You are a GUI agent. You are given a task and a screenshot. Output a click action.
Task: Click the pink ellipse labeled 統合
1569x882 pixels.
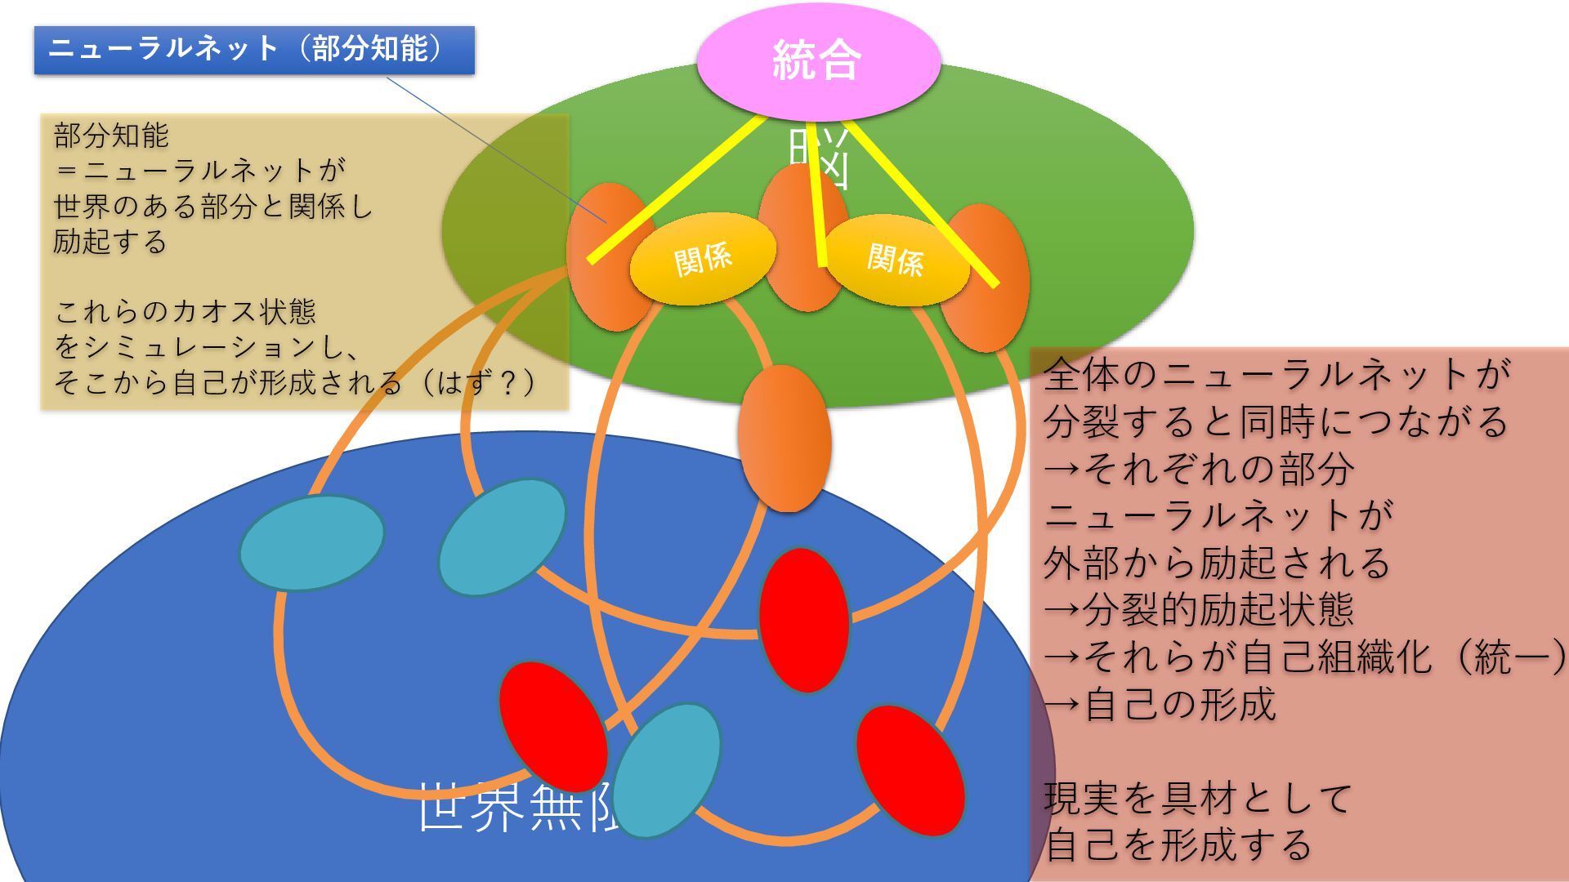[x=818, y=60]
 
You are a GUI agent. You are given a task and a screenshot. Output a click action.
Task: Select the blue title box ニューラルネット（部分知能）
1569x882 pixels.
[x=254, y=50]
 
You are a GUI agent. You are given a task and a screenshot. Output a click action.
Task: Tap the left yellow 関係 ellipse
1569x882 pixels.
[x=702, y=259]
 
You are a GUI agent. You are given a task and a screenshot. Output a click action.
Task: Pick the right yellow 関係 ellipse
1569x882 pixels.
[x=896, y=261]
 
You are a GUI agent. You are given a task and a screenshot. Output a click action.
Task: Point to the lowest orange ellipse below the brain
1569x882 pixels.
[x=784, y=439]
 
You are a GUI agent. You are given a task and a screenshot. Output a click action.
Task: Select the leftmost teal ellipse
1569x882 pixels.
[x=311, y=542]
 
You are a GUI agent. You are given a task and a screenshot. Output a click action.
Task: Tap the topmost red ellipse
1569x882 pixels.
[x=804, y=620]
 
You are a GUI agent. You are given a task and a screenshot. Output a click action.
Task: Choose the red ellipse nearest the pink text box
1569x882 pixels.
[x=910, y=770]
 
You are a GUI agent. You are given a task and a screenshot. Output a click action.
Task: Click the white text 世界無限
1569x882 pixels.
[x=515, y=807]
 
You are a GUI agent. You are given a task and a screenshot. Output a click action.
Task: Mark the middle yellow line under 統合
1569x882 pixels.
[x=815, y=196]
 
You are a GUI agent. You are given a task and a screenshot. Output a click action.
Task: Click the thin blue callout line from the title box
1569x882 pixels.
[x=490, y=147]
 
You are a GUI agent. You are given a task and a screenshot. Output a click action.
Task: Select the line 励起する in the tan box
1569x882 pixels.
[x=110, y=242]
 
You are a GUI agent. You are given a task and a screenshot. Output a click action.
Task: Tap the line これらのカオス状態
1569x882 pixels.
[x=185, y=311]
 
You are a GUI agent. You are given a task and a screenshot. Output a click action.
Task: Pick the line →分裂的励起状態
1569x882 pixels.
[x=1198, y=610]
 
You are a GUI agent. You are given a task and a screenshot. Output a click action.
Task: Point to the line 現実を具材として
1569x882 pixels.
[x=1198, y=798]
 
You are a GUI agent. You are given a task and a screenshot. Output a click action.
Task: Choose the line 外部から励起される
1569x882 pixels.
[x=1217, y=563]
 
